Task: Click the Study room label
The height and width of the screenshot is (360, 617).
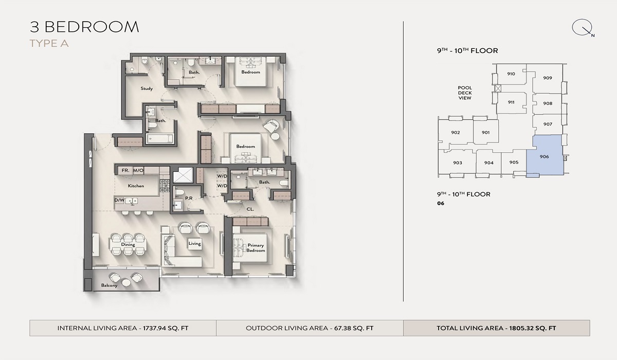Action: click(147, 88)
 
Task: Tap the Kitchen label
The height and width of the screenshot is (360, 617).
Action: click(136, 186)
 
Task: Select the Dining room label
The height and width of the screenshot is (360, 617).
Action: click(128, 245)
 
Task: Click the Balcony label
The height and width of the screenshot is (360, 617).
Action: click(109, 285)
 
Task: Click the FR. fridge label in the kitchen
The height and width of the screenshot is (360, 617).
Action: click(124, 170)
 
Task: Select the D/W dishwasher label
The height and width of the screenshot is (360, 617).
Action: click(119, 200)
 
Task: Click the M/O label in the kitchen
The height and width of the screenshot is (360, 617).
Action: click(138, 170)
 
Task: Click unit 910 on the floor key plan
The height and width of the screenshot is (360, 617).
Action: click(511, 74)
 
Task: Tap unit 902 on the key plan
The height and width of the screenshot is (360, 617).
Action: click(455, 133)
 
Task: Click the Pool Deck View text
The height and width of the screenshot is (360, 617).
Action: click(465, 93)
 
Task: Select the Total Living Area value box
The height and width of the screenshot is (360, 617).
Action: click(496, 328)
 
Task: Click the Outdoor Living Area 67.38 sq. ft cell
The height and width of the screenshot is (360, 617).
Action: click(310, 328)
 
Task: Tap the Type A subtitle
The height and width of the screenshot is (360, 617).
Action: click(49, 43)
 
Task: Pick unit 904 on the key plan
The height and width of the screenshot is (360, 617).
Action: click(488, 163)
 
